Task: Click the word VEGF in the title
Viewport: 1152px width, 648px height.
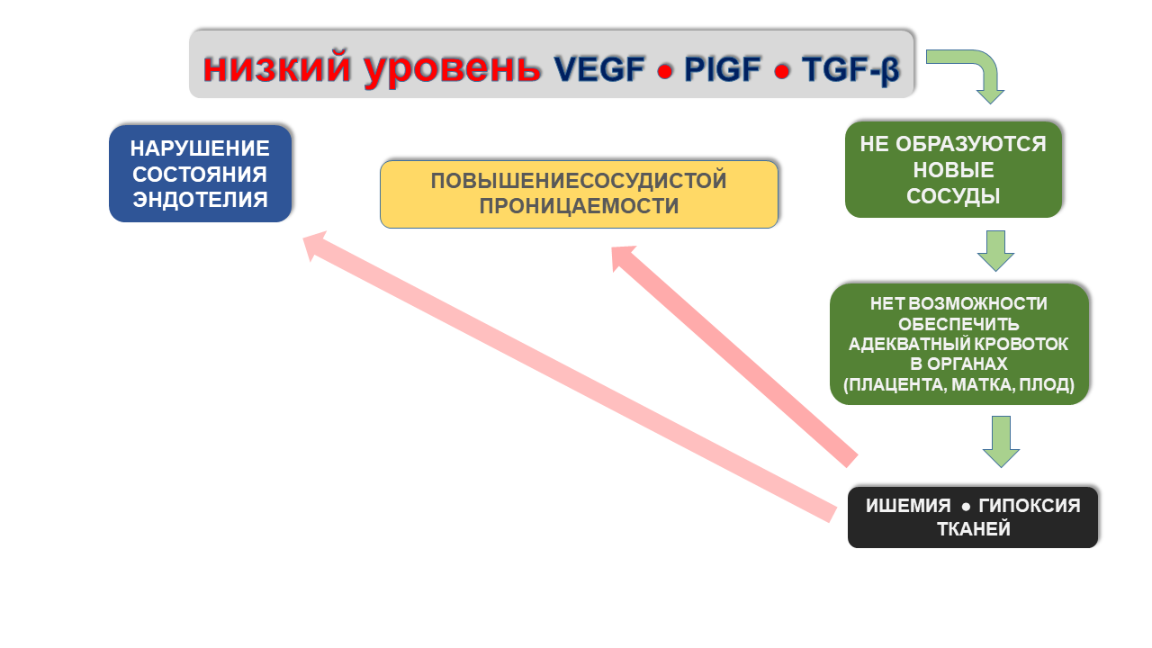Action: click(599, 69)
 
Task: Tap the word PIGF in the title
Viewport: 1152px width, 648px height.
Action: click(722, 69)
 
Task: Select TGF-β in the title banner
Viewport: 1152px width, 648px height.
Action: click(850, 70)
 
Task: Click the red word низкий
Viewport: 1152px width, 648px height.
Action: click(276, 67)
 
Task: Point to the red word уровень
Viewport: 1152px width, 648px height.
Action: click(453, 69)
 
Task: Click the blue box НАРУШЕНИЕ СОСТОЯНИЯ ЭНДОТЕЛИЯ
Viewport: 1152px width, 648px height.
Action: click(200, 174)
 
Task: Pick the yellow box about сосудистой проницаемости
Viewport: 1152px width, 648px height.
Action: click(579, 194)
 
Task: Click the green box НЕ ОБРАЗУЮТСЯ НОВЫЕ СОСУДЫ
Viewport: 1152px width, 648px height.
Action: click(953, 170)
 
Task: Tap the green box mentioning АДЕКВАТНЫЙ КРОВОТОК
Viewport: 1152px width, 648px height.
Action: click(959, 344)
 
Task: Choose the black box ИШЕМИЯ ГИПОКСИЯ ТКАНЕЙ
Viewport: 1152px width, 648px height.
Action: click(973, 517)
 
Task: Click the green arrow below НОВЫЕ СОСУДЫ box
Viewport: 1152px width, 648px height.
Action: click(995, 251)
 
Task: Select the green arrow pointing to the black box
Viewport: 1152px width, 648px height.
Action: click(1001, 442)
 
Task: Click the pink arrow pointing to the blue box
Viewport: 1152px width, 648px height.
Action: click(570, 376)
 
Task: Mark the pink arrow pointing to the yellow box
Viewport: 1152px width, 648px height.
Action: click(734, 356)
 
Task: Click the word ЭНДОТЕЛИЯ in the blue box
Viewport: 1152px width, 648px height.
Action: click(200, 200)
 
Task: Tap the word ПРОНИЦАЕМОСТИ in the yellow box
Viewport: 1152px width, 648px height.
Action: click(579, 206)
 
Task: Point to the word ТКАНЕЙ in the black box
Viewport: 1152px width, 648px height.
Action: click(974, 529)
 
